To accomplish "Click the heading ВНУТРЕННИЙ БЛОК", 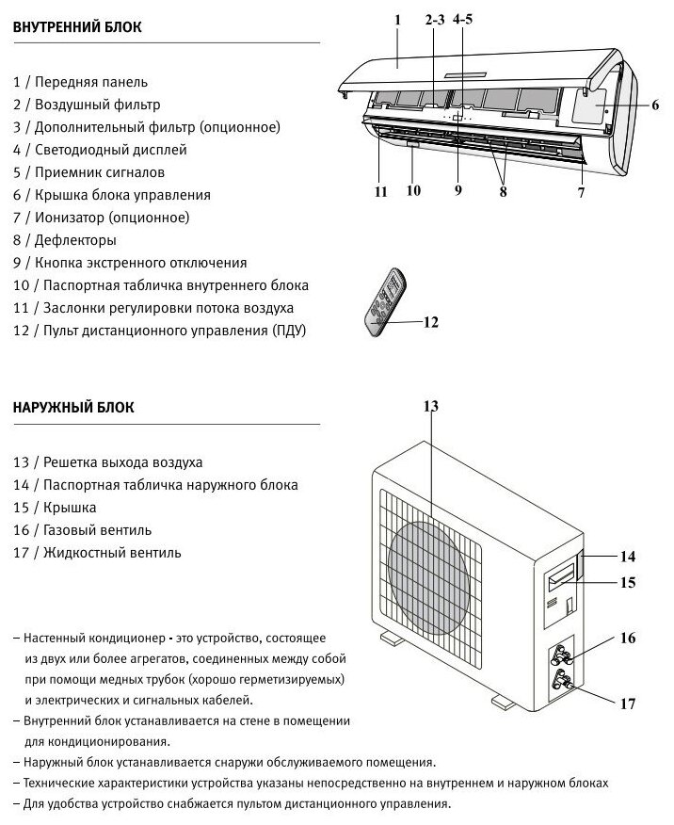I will pos(77,27).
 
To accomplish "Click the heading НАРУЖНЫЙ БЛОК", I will pos(73,408).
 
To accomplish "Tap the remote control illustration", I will pos(384,304).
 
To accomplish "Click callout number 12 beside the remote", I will pos(430,322).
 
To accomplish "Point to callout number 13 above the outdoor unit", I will pos(430,406).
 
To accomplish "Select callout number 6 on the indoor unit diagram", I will pos(654,105).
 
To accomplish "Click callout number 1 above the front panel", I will pos(397,20).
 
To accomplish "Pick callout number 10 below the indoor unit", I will pos(413,190).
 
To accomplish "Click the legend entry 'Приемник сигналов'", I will pos(89,172).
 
